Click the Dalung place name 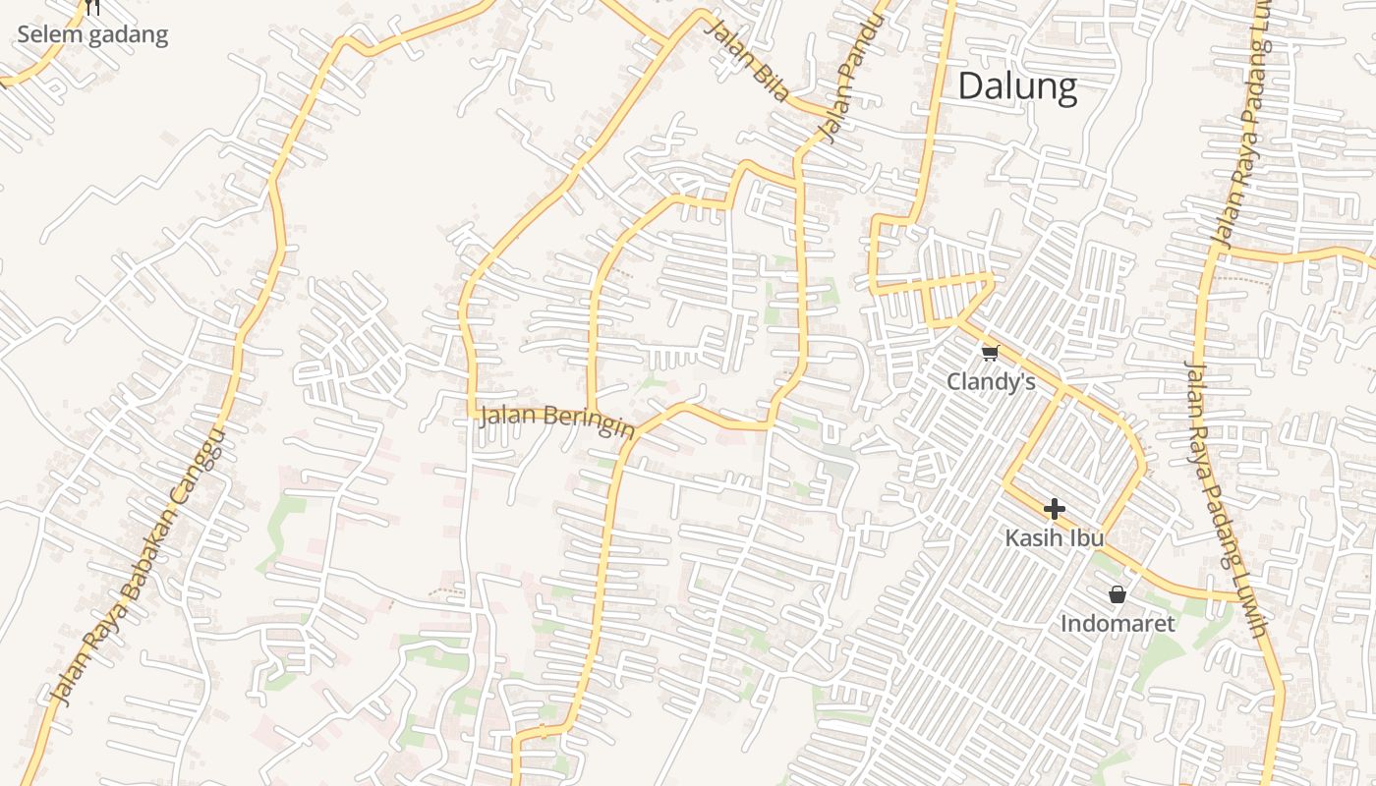click(1017, 86)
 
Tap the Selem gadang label click(92, 35)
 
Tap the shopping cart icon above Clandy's click(990, 353)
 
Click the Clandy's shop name click(991, 381)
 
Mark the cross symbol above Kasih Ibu click(1054, 508)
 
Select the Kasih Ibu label click(1054, 538)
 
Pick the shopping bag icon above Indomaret click(1117, 593)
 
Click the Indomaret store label click(1117, 623)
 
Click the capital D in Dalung click(969, 86)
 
